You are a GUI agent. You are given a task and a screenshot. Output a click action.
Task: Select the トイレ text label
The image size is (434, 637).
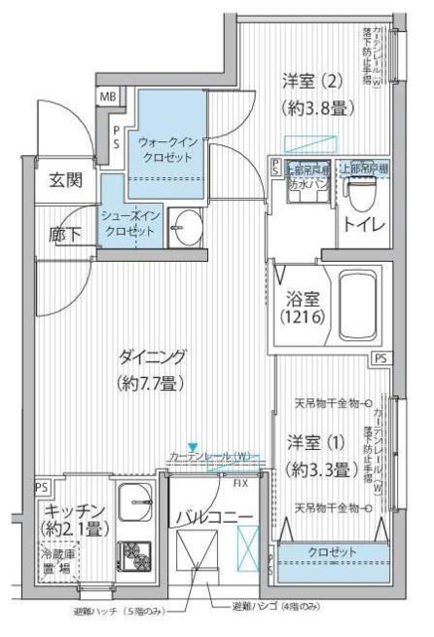coord(364,225)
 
